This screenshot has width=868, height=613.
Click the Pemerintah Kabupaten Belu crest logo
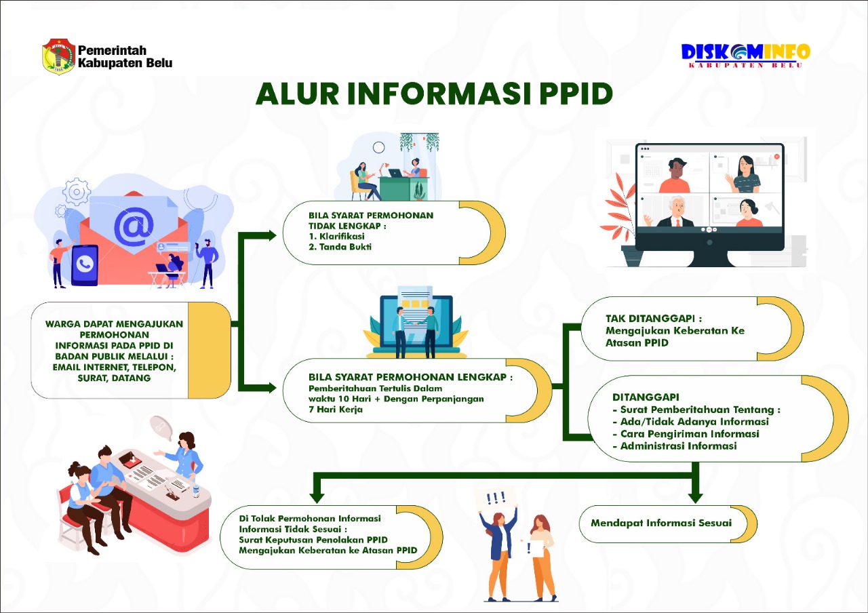(58, 56)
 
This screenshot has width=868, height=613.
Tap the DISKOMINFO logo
(745, 54)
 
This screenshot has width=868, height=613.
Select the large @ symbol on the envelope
(133, 227)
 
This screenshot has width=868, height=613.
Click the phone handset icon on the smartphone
(85, 264)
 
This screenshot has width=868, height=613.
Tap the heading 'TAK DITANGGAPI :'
(653, 318)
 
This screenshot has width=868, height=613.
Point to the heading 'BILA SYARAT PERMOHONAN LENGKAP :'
(410, 376)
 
